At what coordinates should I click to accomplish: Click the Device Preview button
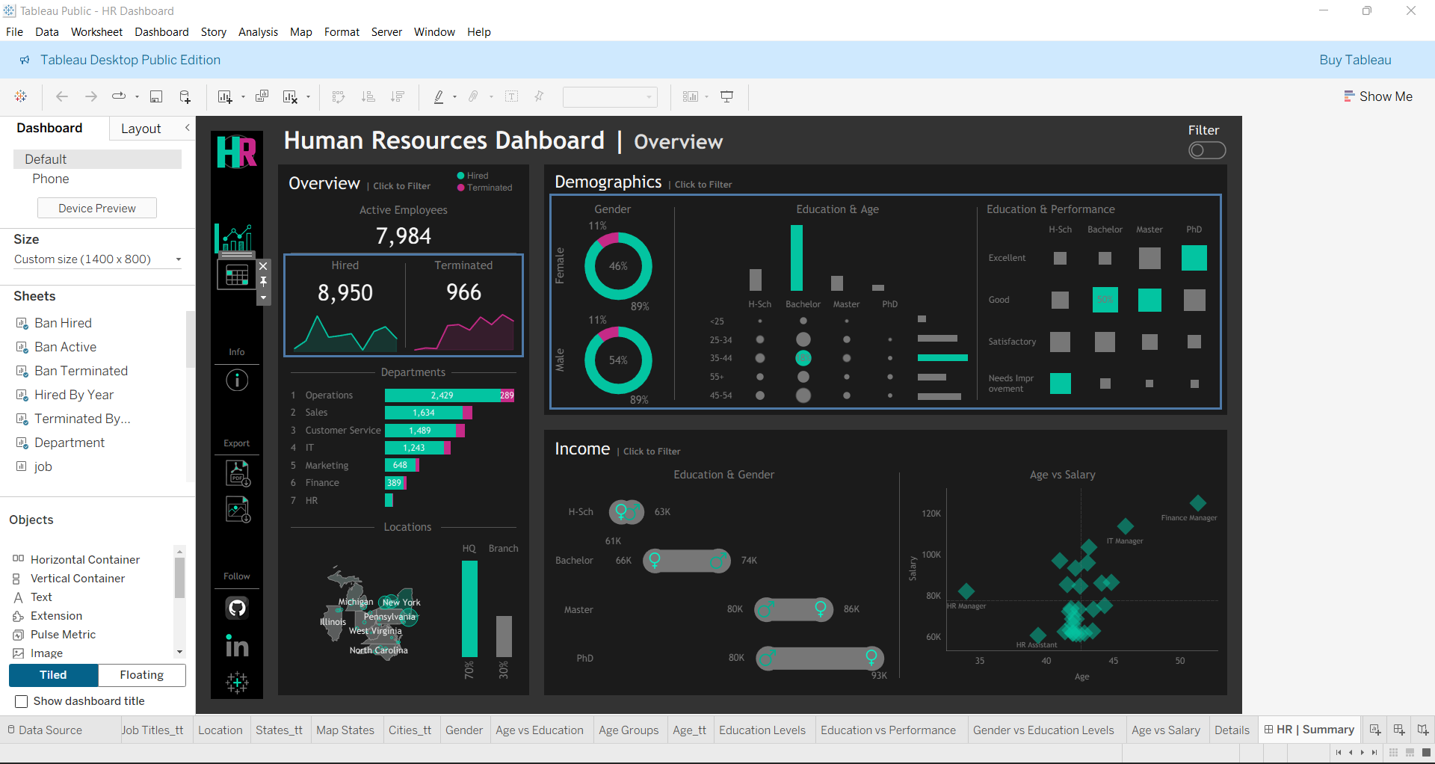[97, 209]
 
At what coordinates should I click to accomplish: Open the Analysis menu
[258, 32]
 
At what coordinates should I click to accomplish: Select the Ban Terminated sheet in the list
[81, 371]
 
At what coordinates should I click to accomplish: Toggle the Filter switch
[1206, 151]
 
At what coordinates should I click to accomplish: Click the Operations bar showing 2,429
[441, 395]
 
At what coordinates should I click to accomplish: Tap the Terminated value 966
[463, 292]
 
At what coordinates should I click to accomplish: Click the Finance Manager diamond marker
[1197, 503]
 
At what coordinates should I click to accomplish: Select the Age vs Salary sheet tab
[1165, 730]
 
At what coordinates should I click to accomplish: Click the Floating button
[142, 675]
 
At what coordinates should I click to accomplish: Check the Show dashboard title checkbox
[22, 701]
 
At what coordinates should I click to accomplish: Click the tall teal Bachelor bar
[797, 258]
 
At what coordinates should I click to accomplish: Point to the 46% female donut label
[618, 266]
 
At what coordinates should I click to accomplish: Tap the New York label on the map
[401, 603]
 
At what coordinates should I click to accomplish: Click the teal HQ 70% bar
[469, 609]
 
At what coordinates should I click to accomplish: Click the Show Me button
[1378, 96]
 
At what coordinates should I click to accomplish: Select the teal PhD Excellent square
[1194, 258]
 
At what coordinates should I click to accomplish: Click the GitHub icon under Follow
[237, 608]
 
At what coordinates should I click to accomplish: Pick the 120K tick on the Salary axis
[931, 514]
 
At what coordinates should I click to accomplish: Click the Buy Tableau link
[1354, 60]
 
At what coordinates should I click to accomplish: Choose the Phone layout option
[50, 179]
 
